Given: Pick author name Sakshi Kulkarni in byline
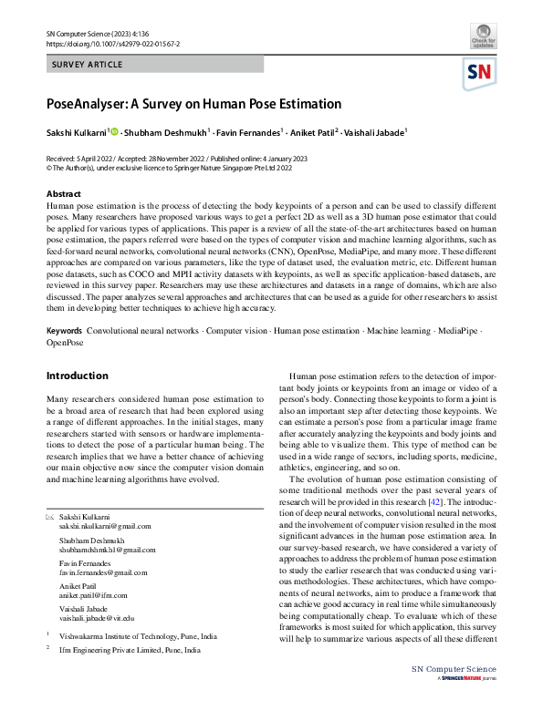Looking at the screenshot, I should (x=78, y=133).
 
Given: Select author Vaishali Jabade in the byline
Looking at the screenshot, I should (x=376, y=133).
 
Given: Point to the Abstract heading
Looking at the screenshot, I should (x=64, y=194).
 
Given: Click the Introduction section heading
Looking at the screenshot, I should (x=77, y=376).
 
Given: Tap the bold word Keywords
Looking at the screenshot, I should (x=65, y=332).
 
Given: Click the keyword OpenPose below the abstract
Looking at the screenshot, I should (x=65, y=344).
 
